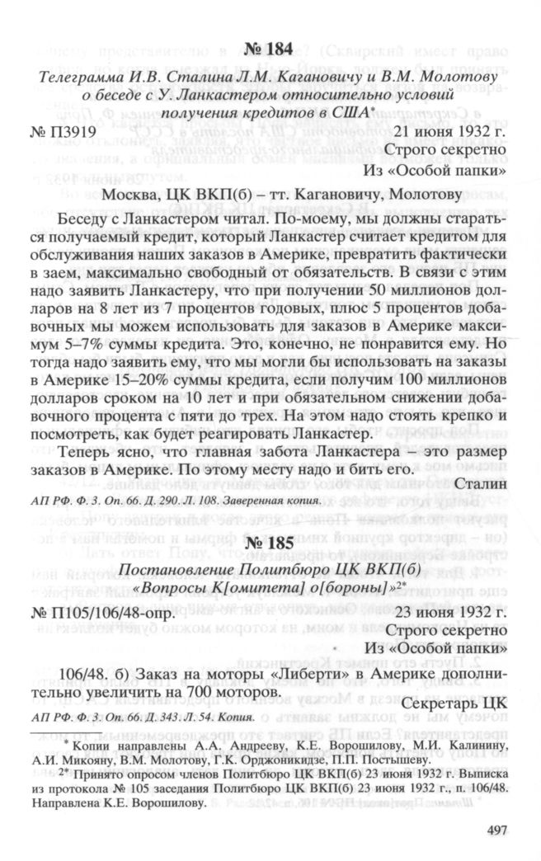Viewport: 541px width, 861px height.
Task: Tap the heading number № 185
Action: click(270, 533)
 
